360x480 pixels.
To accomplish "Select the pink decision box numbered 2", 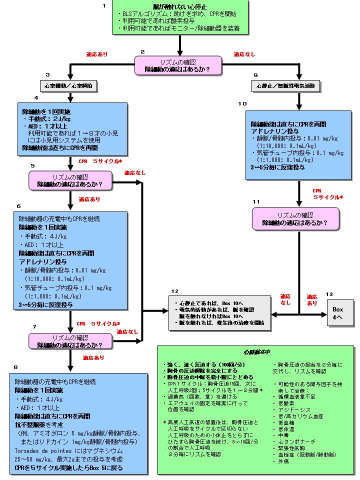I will [x=176, y=65].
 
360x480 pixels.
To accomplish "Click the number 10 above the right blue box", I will [x=242, y=103].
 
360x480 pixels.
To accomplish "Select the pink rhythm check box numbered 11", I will [x=295, y=218].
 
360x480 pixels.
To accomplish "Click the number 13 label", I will [x=329, y=294].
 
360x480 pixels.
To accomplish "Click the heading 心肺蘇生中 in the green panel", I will [x=256, y=351].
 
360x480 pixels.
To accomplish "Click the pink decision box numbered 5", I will [x=70, y=180].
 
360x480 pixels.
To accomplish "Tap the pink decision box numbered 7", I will [x=70, y=341].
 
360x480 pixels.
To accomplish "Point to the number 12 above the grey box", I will [x=174, y=291].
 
